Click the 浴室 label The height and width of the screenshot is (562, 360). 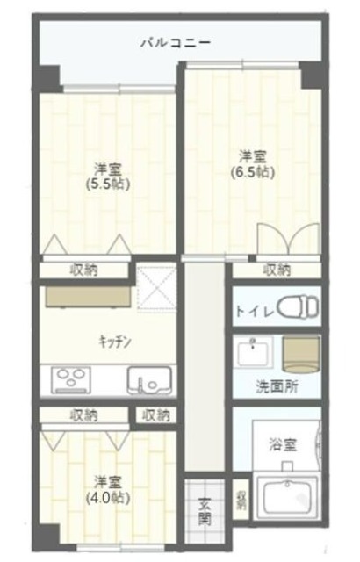(x=282, y=445)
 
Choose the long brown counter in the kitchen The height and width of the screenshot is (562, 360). (x=86, y=296)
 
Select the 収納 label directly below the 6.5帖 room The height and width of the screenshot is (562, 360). (x=277, y=270)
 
